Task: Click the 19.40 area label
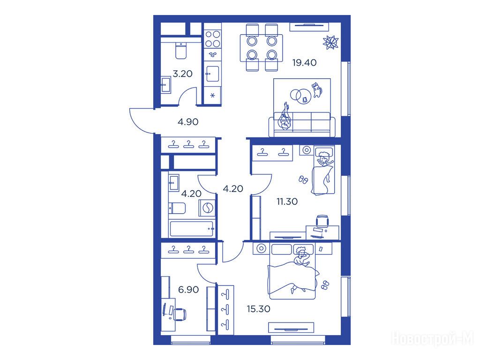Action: tap(304, 63)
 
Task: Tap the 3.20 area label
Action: tap(182, 74)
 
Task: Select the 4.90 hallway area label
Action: tap(188, 122)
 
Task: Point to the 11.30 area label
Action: tap(287, 202)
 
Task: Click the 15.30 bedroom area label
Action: tap(259, 309)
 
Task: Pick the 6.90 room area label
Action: tap(188, 289)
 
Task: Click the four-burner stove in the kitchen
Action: tap(213, 39)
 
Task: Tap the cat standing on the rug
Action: tap(317, 90)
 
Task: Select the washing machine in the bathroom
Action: tap(207, 208)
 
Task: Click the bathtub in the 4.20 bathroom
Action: tap(192, 228)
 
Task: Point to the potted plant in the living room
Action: tap(330, 42)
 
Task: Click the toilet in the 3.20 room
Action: tap(181, 51)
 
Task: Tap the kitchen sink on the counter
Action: tap(212, 74)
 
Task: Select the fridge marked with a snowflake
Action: tap(212, 96)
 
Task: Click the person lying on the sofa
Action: tap(285, 118)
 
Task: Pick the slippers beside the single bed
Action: tap(303, 180)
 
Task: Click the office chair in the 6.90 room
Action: tap(180, 314)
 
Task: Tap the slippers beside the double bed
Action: tap(325, 285)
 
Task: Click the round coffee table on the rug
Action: tap(300, 95)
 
